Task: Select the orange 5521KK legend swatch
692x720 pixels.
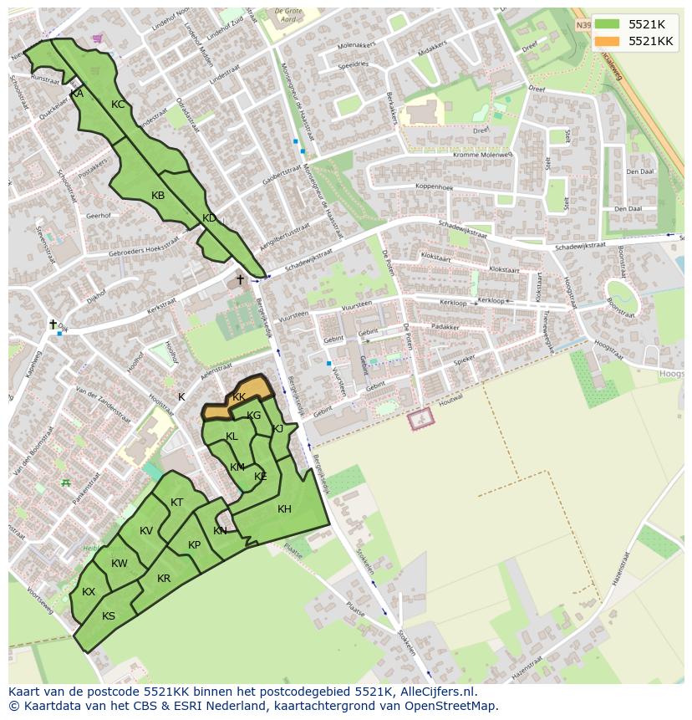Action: pos(608,41)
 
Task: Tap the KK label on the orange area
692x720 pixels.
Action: pos(239,397)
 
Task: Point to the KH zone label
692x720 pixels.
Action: pos(284,509)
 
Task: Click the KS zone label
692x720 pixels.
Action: pos(109,616)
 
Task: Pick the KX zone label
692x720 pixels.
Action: pos(89,592)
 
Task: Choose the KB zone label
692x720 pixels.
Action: pos(158,196)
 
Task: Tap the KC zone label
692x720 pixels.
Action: pos(118,105)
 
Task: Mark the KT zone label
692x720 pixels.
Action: pos(176,503)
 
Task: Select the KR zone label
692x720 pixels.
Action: pos(164,579)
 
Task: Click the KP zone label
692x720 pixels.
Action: pos(194,544)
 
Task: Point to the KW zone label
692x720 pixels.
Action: pos(119,564)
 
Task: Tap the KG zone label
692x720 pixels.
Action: pos(254,416)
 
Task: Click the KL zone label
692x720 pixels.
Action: pos(232,437)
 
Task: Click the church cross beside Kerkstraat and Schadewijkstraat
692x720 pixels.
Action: pos(240,279)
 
